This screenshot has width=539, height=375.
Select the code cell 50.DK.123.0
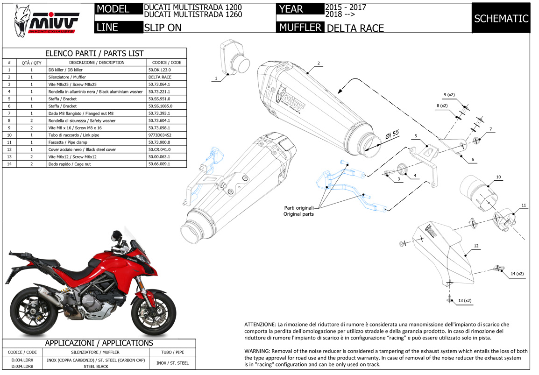159,70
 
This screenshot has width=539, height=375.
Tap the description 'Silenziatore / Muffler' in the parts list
67,77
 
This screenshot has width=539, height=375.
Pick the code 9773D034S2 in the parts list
159,135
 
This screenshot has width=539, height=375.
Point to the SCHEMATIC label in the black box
501,19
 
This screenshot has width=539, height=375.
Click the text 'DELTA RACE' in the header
355,28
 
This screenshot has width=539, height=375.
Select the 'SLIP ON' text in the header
163,28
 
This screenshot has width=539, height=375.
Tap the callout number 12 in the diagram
475,246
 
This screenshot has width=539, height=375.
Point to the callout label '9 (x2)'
449,95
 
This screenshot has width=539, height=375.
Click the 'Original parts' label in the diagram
299,214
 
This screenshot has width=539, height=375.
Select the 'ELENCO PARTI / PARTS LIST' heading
94,53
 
